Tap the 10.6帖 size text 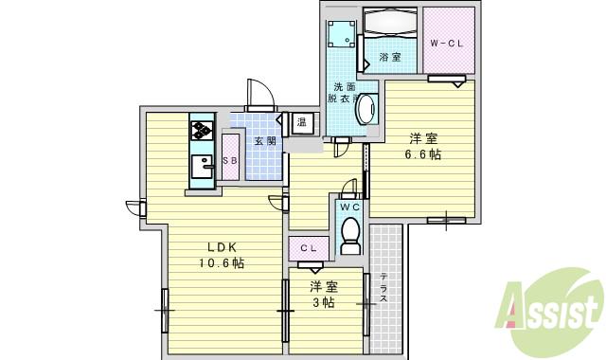[x=221, y=263]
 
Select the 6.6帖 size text [x=422, y=154]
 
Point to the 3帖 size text [x=323, y=302]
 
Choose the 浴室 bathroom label [x=390, y=58]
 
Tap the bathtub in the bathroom [x=389, y=22]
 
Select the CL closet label [x=309, y=248]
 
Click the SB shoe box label [x=230, y=160]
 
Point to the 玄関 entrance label [x=264, y=141]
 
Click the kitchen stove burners [x=202, y=131]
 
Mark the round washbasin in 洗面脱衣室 [x=364, y=111]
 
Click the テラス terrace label [x=383, y=287]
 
